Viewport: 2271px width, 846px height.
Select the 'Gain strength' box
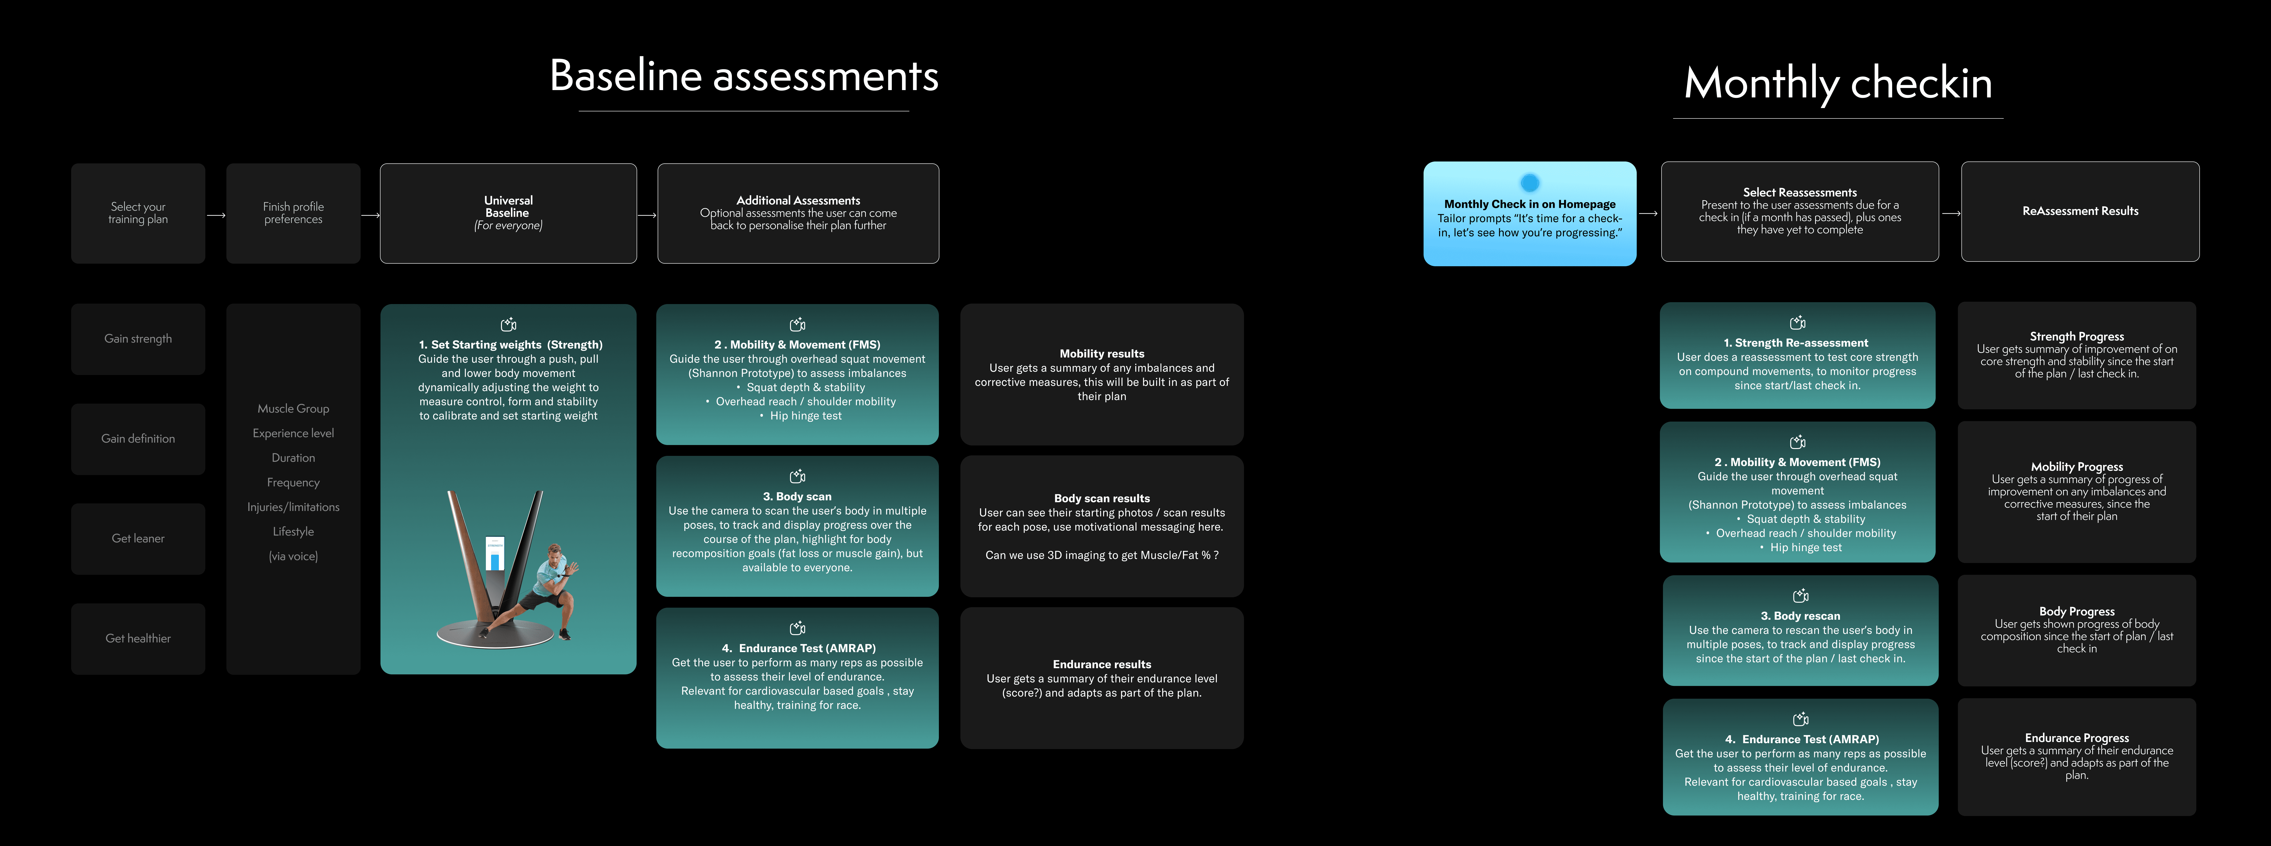pos(138,339)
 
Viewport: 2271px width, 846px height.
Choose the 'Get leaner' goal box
pos(138,538)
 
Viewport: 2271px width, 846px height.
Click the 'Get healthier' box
pos(138,638)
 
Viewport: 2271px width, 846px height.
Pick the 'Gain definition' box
pos(138,438)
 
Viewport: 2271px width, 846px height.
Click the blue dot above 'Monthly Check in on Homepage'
pos(1530,183)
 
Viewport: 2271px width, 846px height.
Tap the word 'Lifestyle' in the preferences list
pos(294,531)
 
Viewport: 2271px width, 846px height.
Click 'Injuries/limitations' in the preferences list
pos(294,506)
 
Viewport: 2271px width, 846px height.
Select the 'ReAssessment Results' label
pos(2080,211)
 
